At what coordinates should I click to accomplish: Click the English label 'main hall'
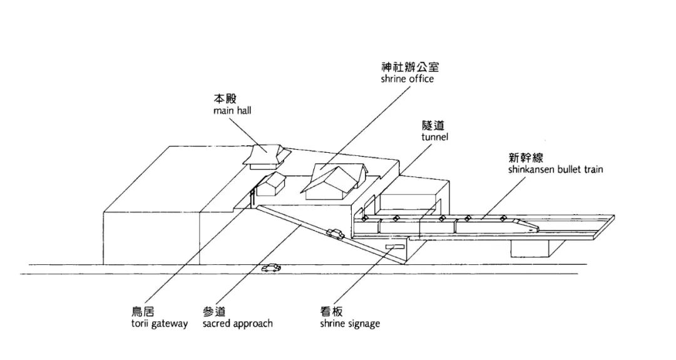(232, 111)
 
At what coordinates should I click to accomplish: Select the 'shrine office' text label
(407, 79)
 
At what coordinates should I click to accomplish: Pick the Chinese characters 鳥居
(145, 312)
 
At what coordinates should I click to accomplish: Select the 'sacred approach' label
(237, 324)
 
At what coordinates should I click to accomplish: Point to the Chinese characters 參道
(214, 312)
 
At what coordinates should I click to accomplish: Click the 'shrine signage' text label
(350, 324)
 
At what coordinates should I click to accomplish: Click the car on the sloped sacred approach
(335, 234)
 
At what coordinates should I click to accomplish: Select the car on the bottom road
(272, 268)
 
